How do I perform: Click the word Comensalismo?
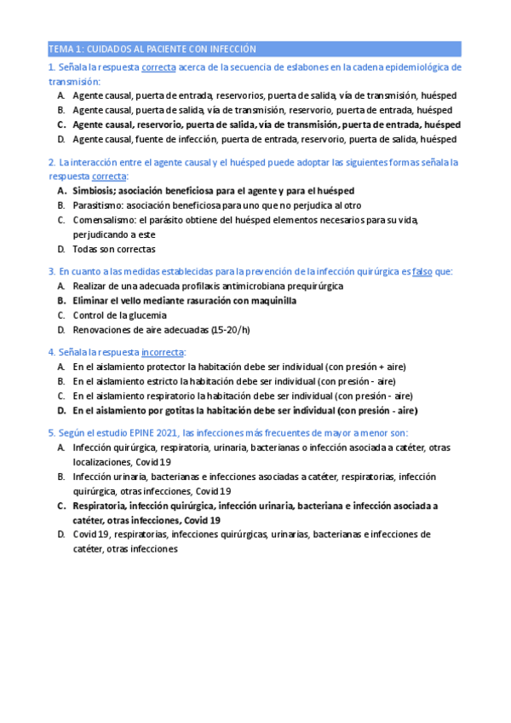(x=104, y=220)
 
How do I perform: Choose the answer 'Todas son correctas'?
(x=114, y=250)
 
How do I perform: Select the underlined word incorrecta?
(x=163, y=351)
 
